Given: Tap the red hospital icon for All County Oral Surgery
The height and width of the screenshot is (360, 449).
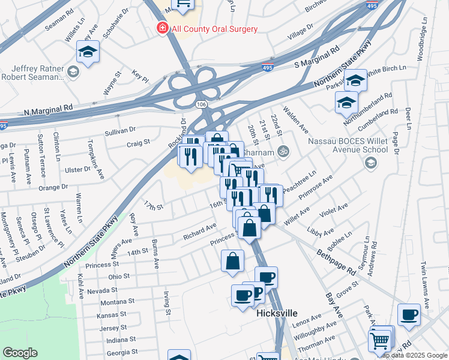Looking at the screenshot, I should [x=161, y=28].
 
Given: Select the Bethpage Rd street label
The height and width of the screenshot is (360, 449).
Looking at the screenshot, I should [x=337, y=260].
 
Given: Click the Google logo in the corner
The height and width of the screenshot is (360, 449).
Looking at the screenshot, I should [x=20, y=353].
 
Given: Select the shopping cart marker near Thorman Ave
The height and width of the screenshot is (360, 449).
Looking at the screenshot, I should [x=380, y=341].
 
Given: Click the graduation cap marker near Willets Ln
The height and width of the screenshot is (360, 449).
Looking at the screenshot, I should [x=88, y=52].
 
